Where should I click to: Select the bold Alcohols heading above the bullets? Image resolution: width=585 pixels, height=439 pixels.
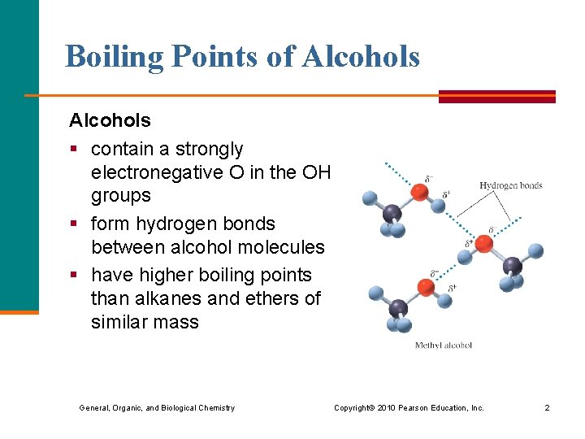pos(110,121)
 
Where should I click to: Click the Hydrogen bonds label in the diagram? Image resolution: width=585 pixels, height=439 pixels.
pos(510,185)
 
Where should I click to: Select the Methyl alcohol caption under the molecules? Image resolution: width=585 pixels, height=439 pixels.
pos(443,346)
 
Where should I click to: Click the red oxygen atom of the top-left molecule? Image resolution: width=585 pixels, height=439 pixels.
pos(419,192)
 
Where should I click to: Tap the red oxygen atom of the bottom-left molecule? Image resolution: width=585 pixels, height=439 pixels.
pos(425,287)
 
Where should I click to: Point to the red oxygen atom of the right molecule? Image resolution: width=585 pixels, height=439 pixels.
pos(483,244)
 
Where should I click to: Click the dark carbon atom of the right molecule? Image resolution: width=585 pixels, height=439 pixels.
pos(512,266)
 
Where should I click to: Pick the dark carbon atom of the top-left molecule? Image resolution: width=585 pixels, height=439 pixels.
pos(392,214)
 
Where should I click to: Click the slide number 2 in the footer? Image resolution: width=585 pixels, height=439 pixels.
pos(547,407)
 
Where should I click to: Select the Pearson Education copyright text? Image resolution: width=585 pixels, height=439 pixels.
pos(409,407)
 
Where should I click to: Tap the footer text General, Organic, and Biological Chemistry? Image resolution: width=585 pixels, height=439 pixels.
pos(157,407)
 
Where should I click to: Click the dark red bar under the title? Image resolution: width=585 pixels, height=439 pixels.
pos(496,97)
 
